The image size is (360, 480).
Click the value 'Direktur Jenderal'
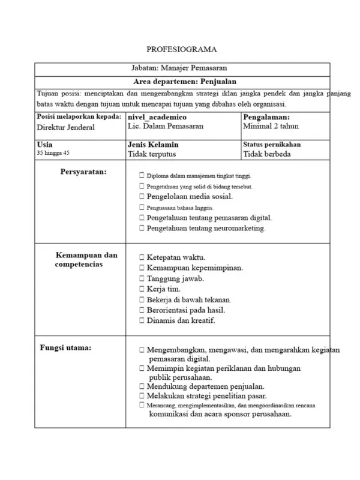[x=66, y=127]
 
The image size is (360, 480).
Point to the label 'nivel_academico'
[x=157, y=117]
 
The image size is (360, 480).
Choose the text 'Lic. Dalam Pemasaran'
[x=166, y=127]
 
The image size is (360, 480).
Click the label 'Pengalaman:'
[x=267, y=117]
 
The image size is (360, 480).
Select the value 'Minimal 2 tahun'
[x=271, y=127]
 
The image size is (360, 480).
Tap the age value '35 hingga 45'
[x=53, y=154]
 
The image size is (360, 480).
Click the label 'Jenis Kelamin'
[x=153, y=145]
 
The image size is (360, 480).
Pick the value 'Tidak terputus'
[x=152, y=154]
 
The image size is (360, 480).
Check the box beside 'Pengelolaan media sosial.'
[x=141, y=196]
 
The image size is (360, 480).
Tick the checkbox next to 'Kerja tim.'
[x=141, y=289]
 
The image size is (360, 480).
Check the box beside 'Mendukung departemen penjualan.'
[x=141, y=386]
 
